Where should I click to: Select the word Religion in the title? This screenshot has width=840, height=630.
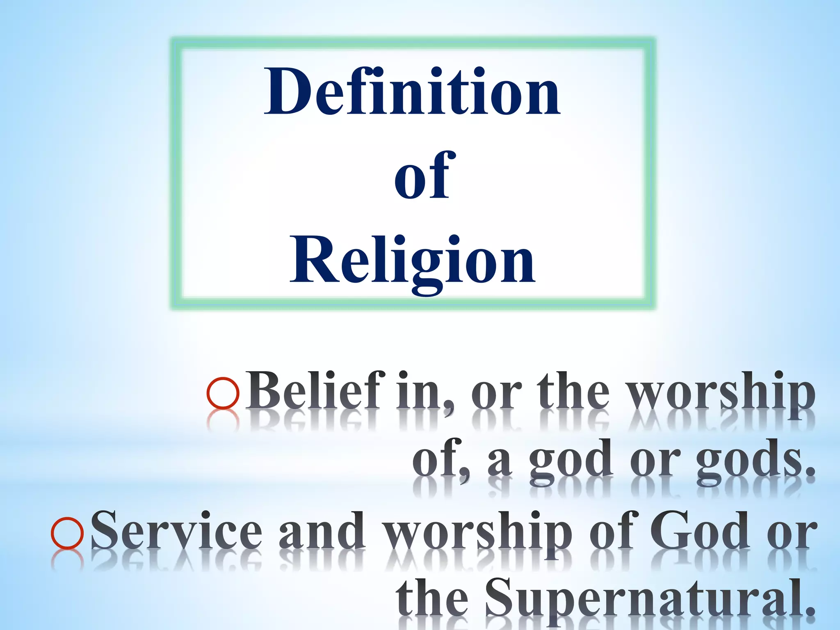click(412, 261)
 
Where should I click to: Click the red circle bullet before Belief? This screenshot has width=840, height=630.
click(223, 393)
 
